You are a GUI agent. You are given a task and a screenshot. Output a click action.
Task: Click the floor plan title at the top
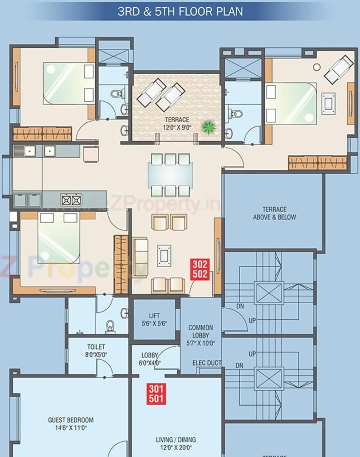point(180,11)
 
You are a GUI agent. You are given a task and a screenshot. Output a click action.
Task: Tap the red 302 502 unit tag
point(200,269)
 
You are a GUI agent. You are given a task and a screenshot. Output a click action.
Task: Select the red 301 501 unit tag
point(156,394)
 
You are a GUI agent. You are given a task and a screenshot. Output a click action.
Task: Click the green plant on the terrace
point(209,127)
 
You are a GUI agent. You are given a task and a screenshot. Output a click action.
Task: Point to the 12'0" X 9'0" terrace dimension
point(177,127)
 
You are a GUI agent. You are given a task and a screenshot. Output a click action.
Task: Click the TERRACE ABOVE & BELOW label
point(274,213)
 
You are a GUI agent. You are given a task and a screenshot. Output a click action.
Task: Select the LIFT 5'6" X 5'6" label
point(154,319)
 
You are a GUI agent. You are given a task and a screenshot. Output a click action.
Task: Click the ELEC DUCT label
point(206,363)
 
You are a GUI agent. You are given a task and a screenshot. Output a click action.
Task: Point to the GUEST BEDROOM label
point(71,424)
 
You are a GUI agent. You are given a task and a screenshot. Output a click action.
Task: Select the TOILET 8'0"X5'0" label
point(96,350)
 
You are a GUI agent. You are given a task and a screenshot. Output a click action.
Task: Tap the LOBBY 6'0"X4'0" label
point(150,359)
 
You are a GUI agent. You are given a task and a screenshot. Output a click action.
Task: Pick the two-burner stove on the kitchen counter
point(71,200)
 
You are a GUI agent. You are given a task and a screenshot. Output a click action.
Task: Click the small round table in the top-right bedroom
point(317,67)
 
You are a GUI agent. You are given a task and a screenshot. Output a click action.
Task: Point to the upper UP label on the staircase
point(252,320)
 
